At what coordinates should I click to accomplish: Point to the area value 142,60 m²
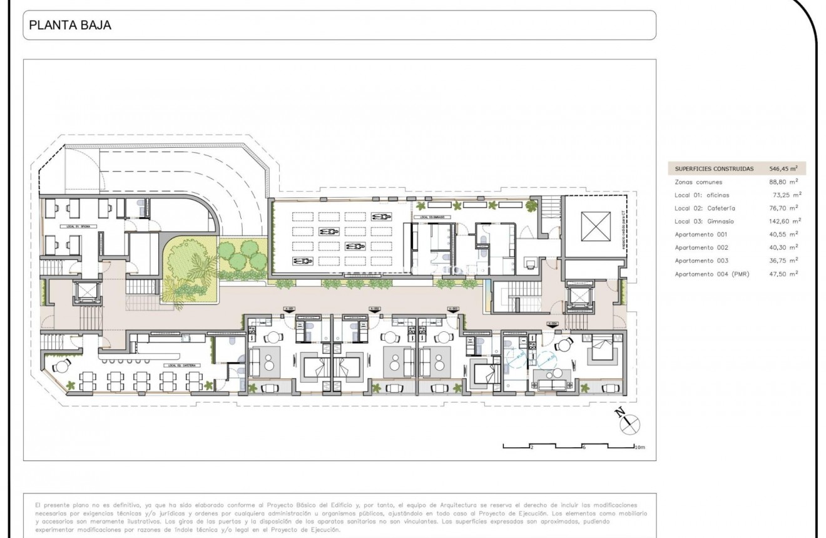coord(783,221)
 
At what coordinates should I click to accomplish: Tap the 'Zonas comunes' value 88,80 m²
coord(783,182)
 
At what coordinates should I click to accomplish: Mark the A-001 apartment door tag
coord(289,309)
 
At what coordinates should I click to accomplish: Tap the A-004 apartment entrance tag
coord(552,324)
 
